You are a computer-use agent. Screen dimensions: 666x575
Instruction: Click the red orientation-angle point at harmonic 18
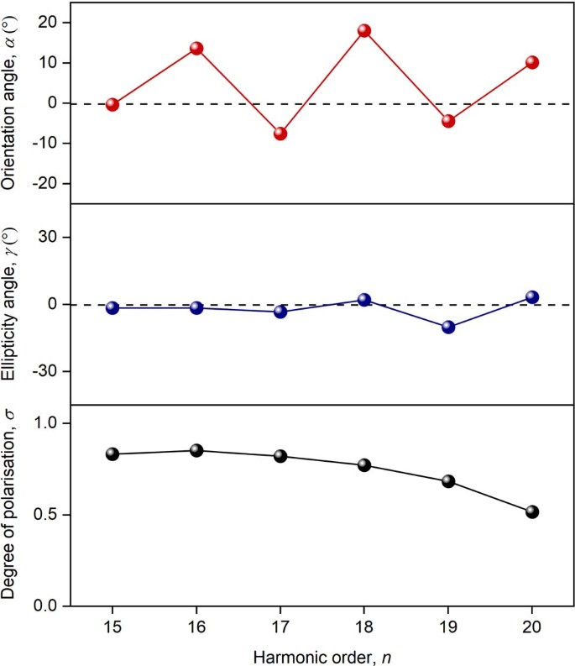(364, 31)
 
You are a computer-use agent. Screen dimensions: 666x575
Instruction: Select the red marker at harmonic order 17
(280, 134)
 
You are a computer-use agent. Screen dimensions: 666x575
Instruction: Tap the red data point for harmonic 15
(112, 105)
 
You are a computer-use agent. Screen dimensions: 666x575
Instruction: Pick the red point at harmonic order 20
(531, 62)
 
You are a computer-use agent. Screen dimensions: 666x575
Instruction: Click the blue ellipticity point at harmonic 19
(448, 328)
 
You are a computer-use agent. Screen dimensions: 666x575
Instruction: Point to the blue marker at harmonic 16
(196, 308)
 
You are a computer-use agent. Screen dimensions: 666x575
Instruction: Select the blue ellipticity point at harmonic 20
(531, 297)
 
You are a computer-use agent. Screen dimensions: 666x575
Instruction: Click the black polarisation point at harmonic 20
(531, 511)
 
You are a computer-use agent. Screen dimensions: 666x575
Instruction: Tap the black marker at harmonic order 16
(196, 450)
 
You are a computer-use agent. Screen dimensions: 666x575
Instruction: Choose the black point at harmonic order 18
(364, 465)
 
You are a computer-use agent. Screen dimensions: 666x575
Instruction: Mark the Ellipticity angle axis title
(11, 305)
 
